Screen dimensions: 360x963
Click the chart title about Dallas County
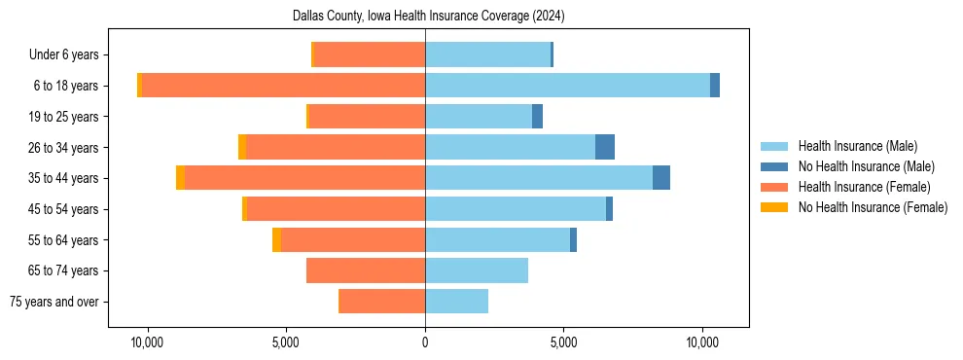[x=428, y=17]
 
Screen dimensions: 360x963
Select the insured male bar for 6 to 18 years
[x=567, y=86]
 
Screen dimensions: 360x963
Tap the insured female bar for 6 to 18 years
[x=283, y=86]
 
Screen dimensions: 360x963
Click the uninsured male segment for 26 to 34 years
[x=605, y=147]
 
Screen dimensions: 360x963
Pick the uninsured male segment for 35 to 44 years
[x=661, y=178]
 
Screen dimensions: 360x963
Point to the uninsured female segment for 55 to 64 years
[x=276, y=239]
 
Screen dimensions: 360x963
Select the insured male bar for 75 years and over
[x=456, y=302]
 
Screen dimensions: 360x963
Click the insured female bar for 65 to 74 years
[x=366, y=270]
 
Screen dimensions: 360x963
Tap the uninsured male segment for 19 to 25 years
[x=537, y=117]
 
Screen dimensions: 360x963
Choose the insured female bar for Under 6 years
[x=370, y=54]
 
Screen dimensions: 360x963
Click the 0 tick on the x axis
[x=425, y=342]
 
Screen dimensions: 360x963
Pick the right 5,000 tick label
[x=564, y=342]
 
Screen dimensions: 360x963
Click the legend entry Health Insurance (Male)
[x=857, y=146]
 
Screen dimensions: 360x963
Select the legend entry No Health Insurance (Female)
[x=873, y=207]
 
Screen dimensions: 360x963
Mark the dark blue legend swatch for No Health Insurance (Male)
[x=774, y=166]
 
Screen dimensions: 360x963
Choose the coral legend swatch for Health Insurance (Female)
[x=774, y=187]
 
